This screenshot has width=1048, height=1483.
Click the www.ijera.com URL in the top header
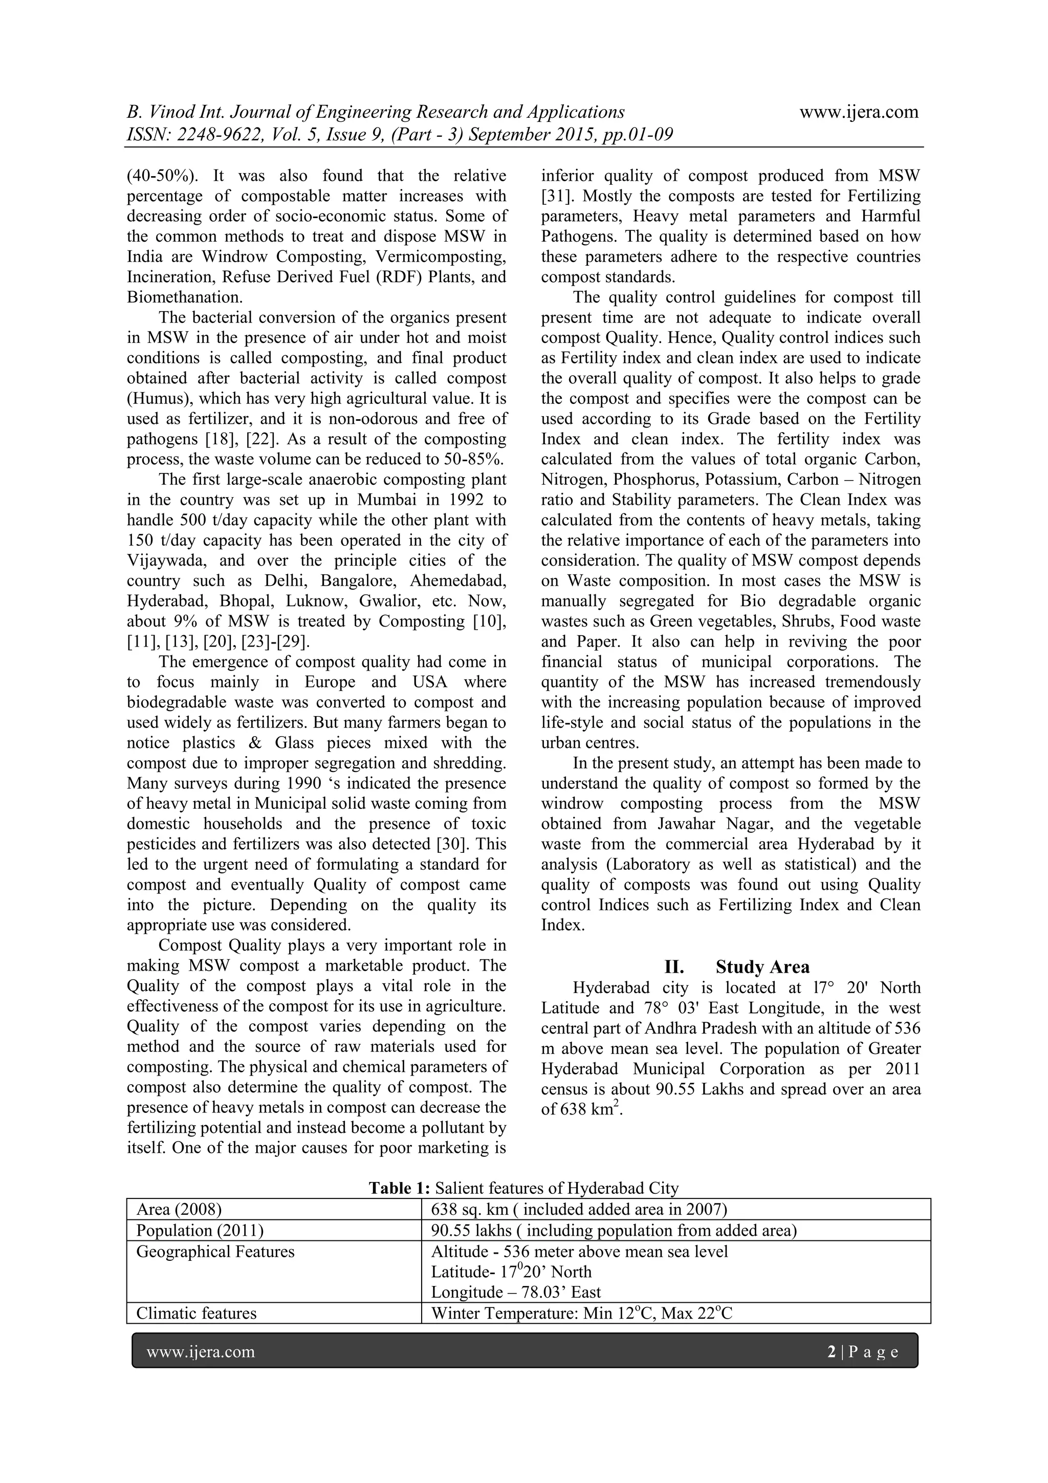coord(858,113)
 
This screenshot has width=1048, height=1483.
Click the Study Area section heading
coord(762,967)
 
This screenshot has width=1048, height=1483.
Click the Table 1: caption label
coord(399,1188)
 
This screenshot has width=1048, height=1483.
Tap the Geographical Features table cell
coord(215,1252)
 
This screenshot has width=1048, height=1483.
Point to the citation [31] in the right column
coord(553,196)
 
